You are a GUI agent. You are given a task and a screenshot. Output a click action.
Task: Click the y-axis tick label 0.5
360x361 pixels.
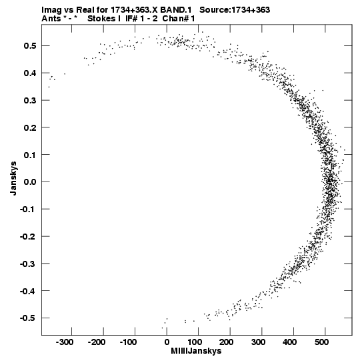click(30, 45)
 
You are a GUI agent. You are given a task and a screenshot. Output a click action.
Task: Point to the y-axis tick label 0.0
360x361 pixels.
click(30, 182)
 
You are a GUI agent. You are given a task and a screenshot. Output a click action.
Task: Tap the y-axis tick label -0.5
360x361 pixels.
click(28, 318)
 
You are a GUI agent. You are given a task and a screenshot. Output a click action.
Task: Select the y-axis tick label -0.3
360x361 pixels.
click(28, 264)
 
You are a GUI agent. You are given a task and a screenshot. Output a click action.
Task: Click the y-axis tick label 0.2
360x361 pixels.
click(30, 127)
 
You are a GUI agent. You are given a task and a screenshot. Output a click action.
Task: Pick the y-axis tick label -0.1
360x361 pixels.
click(28, 209)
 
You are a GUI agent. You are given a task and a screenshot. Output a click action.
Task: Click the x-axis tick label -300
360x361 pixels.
click(65, 342)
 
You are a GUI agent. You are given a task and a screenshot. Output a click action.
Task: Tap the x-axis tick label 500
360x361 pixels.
click(321, 342)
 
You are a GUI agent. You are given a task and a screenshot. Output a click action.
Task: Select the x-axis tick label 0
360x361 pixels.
click(167, 342)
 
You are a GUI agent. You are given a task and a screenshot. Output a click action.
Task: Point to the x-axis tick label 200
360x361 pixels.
click(227, 342)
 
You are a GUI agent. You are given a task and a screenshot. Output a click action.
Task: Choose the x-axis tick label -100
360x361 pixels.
click(128, 342)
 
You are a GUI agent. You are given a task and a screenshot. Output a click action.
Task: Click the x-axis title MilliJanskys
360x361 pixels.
click(196, 351)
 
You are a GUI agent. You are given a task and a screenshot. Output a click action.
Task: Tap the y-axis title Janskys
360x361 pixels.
click(13, 178)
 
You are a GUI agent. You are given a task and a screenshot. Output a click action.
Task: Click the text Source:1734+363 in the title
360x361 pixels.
click(235, 10)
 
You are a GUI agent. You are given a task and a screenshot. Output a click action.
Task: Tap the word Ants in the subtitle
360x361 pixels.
click(51, 19)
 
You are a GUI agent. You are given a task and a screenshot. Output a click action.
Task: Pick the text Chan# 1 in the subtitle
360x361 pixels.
click(179, 19)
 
